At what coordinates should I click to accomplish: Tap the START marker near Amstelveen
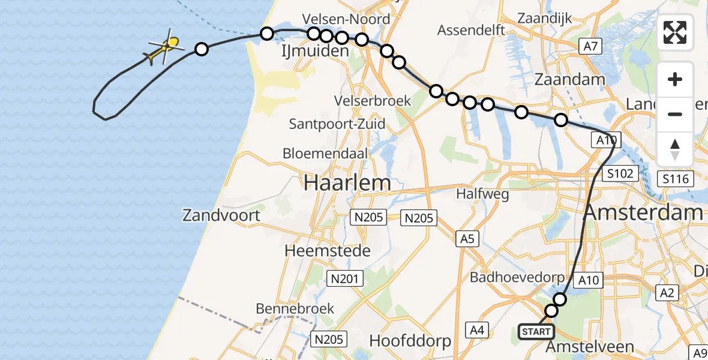[536, 332]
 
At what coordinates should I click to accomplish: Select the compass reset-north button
[675, 149]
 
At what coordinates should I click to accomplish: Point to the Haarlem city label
[347, 182]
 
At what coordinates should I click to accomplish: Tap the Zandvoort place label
[223, 215]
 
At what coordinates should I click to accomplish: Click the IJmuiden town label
[316, 52]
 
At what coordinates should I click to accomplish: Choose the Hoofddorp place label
[410, 341]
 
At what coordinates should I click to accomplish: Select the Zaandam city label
[569, 80]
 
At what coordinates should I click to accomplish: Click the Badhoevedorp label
[517, 277]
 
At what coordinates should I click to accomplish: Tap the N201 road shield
[343, 278]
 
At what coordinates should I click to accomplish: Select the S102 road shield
[618, 174]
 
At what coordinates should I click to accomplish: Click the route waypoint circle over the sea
[202, 49]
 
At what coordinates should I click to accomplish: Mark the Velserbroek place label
[374, 100]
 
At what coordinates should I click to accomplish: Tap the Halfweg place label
[482, 194]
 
